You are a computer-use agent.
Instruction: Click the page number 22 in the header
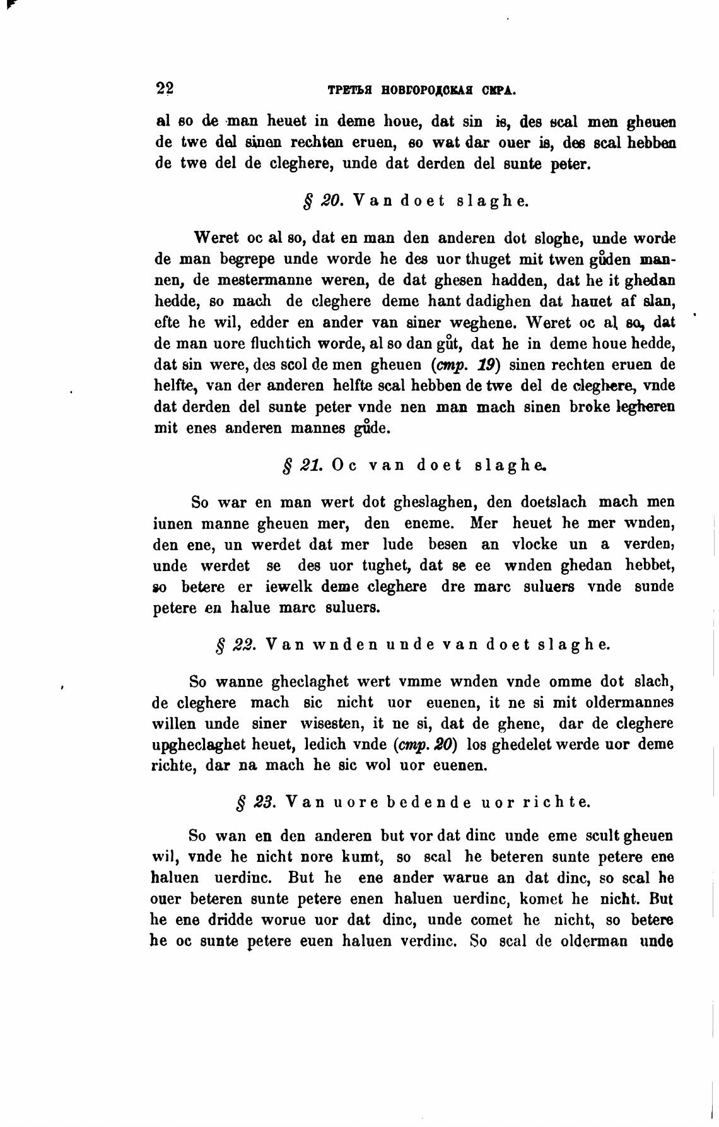click(x=165, y=88)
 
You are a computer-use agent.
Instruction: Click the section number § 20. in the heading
click(x=323, y=202)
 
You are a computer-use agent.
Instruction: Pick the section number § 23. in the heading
click(x=254, y=802)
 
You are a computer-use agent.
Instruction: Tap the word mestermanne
click(x=236, y=280)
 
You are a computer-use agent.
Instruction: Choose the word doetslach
click(x=553, y=502)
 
